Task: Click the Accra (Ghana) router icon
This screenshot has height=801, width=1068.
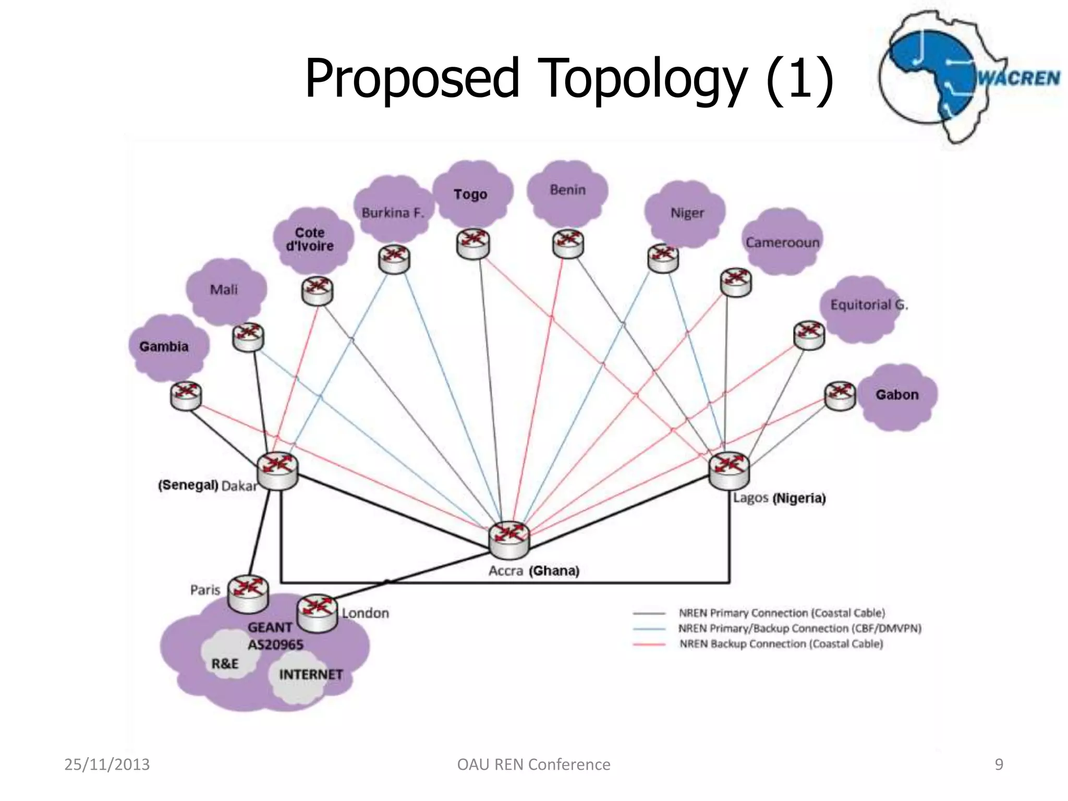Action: point(509,539)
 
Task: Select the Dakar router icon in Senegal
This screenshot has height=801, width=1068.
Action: point(277,470)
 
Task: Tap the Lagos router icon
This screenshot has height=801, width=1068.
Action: point(729,470)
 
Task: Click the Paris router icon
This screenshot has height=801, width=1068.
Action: point(248,593)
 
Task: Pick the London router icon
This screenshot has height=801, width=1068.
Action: point(317,613)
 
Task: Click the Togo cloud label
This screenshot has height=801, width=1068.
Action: point(470,195)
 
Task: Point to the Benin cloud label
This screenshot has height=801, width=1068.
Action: point(567,190)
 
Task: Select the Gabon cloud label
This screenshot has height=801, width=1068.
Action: point(897,395)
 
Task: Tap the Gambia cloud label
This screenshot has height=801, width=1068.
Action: point(164,347)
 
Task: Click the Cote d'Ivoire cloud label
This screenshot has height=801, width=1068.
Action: point(310,239)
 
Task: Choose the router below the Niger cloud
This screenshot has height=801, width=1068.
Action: point(663,258)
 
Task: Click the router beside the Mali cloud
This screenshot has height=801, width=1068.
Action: point(248,337)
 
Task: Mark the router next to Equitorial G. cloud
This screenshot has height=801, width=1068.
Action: point(809,335)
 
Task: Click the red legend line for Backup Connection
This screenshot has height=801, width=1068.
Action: point(649,645)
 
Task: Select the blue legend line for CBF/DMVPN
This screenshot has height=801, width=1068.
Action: point(649,629)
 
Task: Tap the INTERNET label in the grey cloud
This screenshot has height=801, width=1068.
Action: point(311,675)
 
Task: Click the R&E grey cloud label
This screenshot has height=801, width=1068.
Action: point(225,664)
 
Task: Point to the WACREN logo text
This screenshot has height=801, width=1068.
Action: point(1018,78)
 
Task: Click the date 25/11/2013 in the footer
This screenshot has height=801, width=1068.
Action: point(107,764)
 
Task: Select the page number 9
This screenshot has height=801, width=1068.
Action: point(999,764)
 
